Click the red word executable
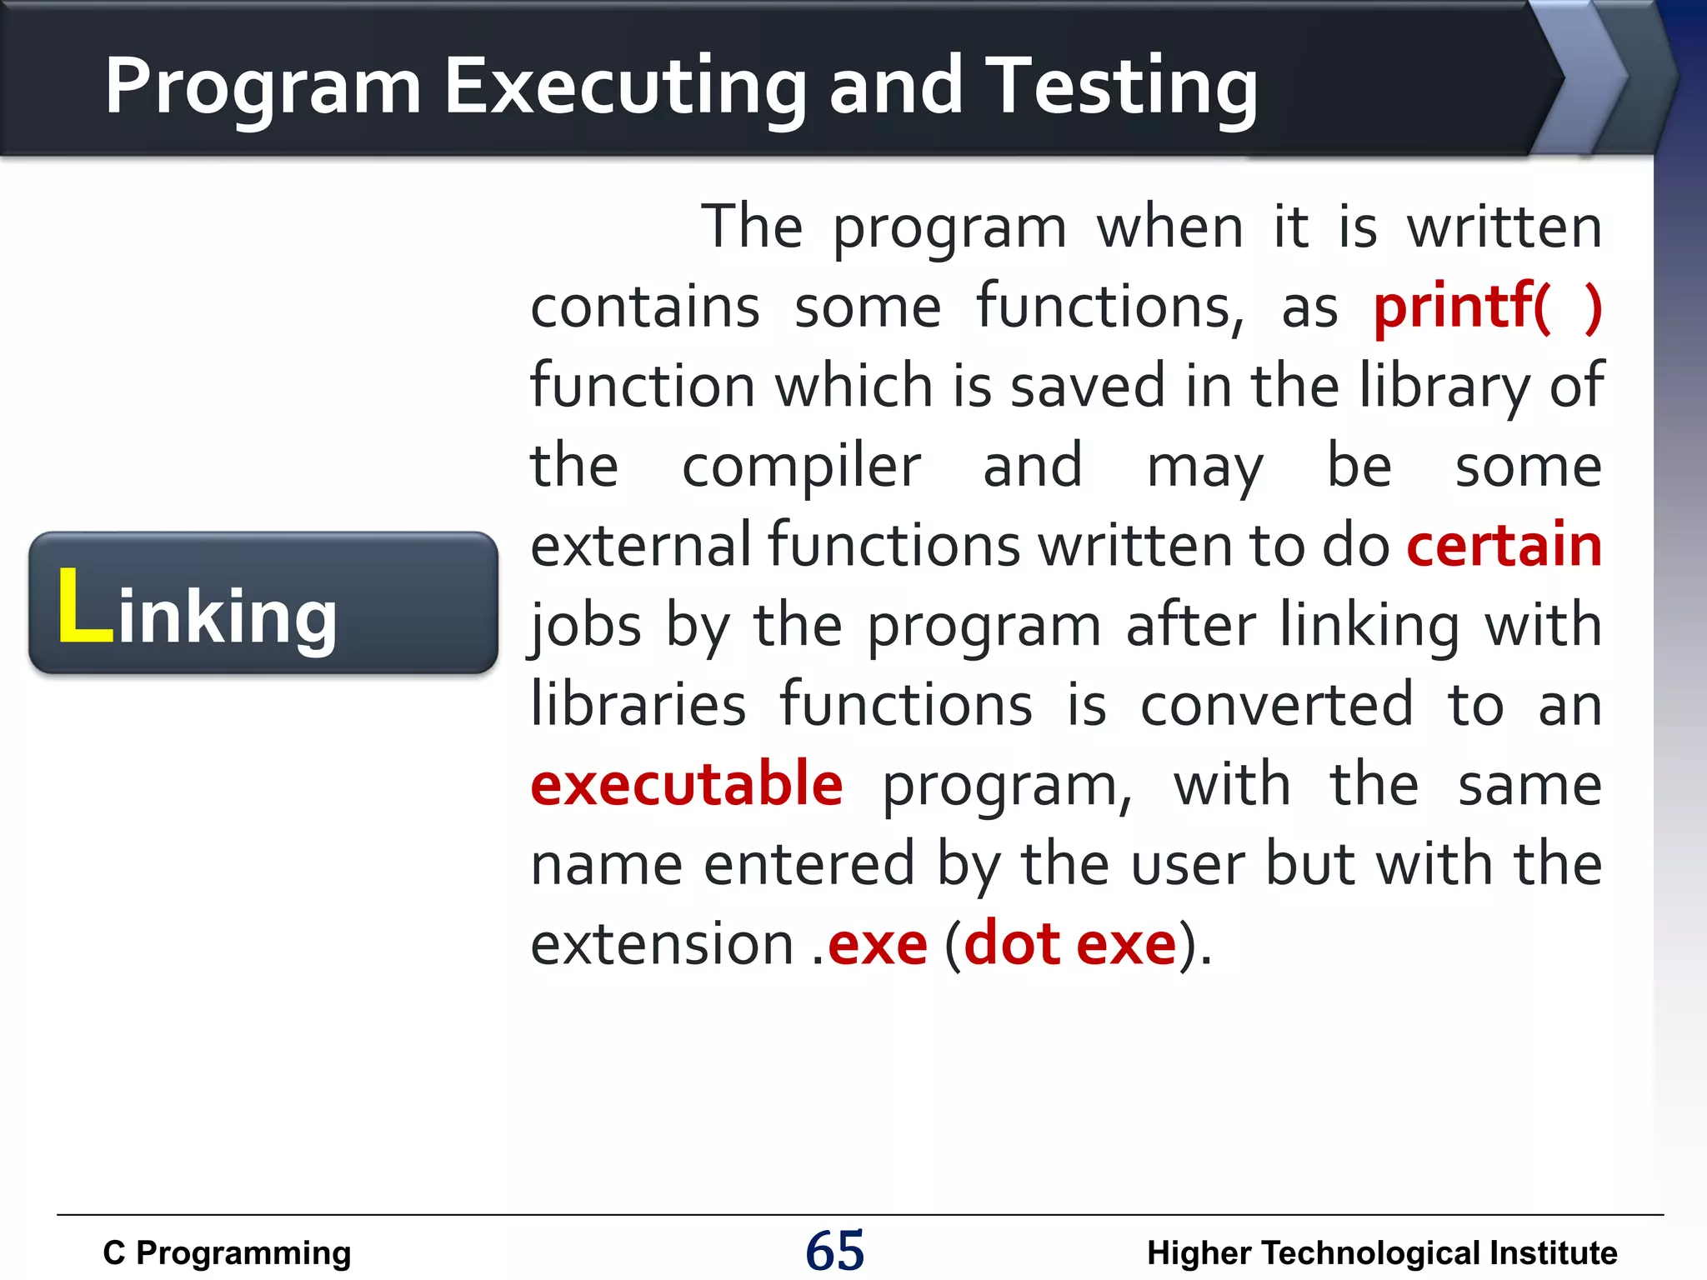(687, 785)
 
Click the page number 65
(834, 1251)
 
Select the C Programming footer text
(227, 1252)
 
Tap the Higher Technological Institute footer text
(1381, 1252)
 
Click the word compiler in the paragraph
(801, 467)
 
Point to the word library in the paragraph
(1444, 387)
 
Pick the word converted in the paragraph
(1277, 705)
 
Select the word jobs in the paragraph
(587, 627)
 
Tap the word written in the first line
(1504, 227)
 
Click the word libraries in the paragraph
(638, 705)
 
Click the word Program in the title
(263, 87)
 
